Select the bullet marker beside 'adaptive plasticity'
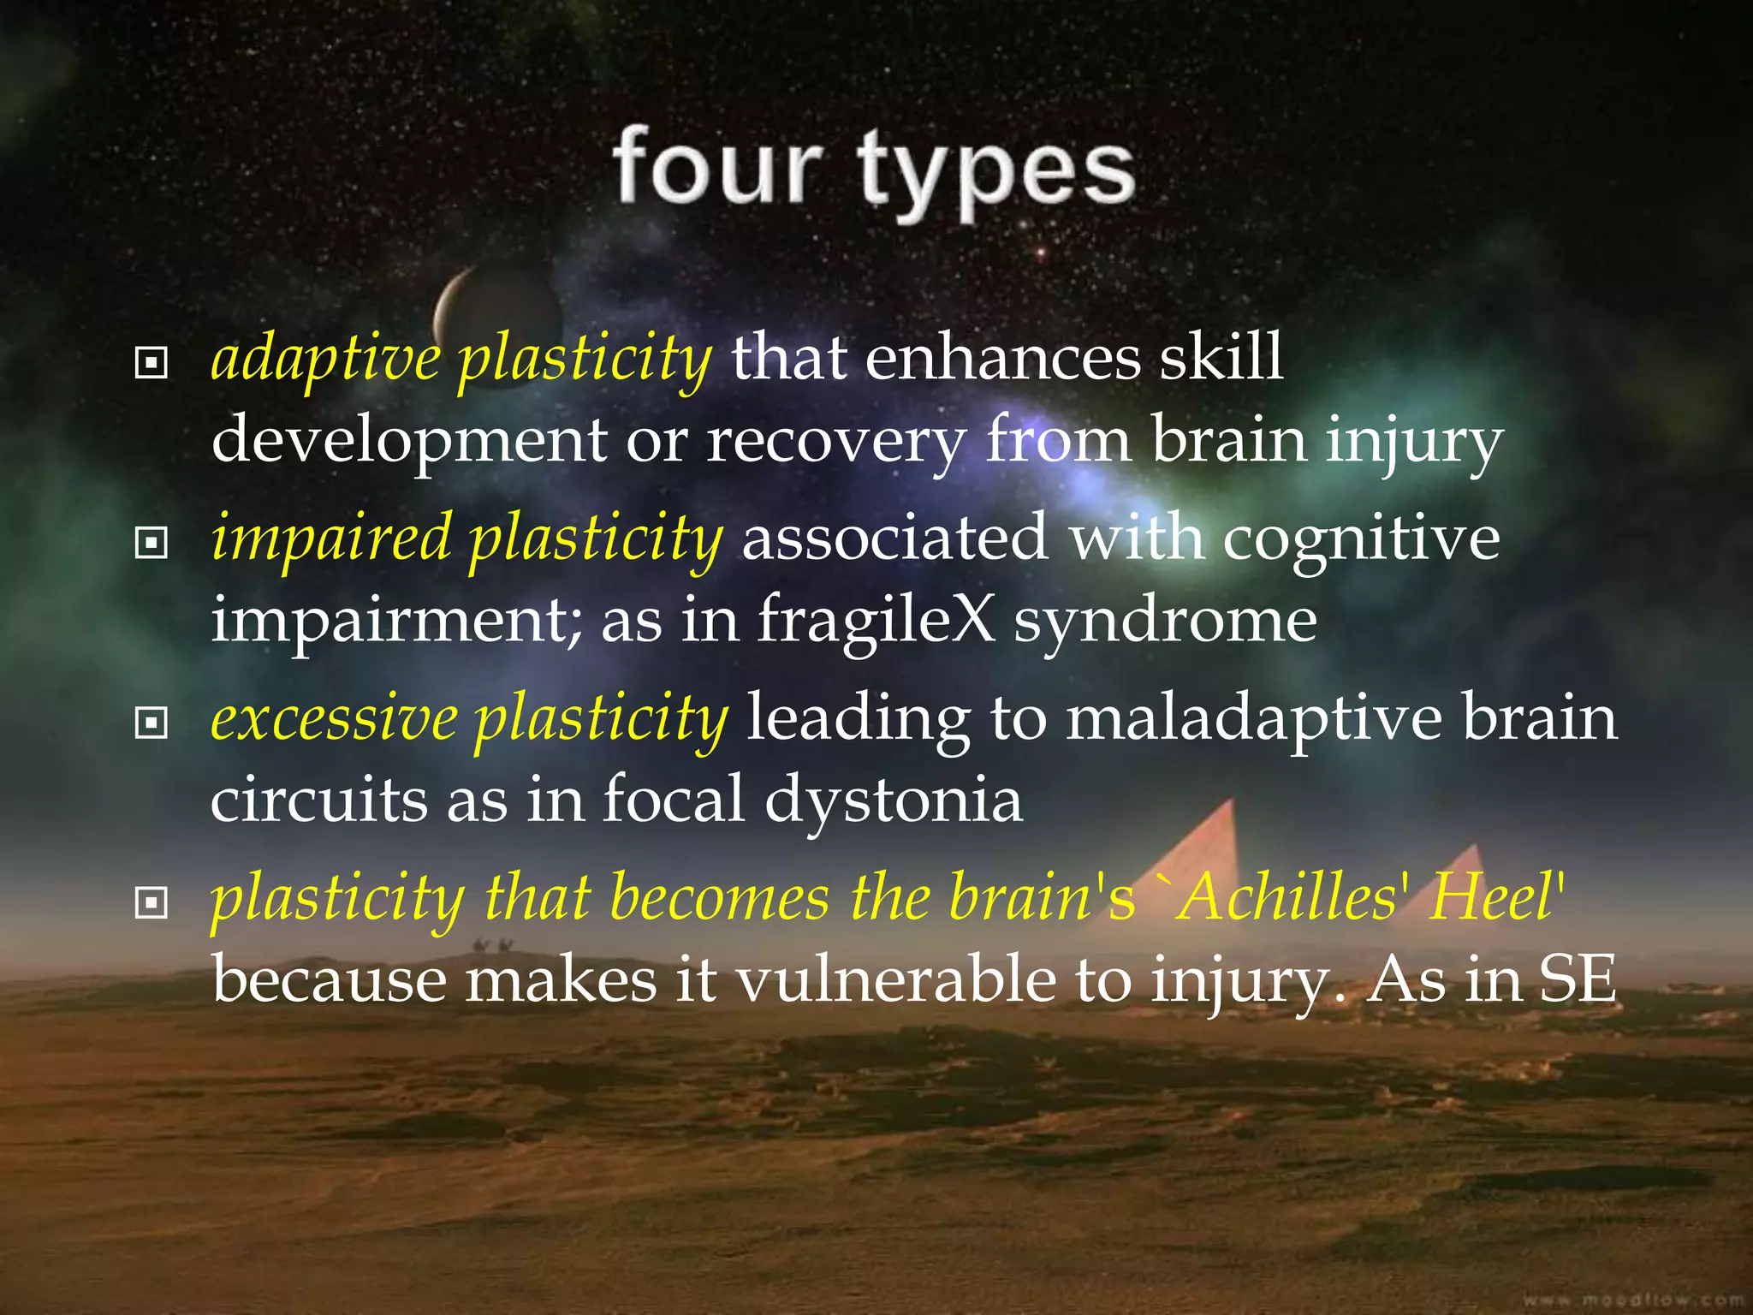pyautogui.click(x=151, y=363)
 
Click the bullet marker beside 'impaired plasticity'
pyautogui.click(x=151, y=542)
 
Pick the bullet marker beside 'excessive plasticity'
pyautogui.click(x=151, y=723)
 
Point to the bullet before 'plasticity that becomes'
pyautogui.click(x=151, y=902)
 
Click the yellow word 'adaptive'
pyautogui.click(x=325, y=360)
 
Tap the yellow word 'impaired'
pyautogui.click(x=330, y=540)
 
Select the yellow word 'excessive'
pyautogui.click(x=334, y=719)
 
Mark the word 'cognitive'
pyautogui.click(x=1361, y=540)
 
